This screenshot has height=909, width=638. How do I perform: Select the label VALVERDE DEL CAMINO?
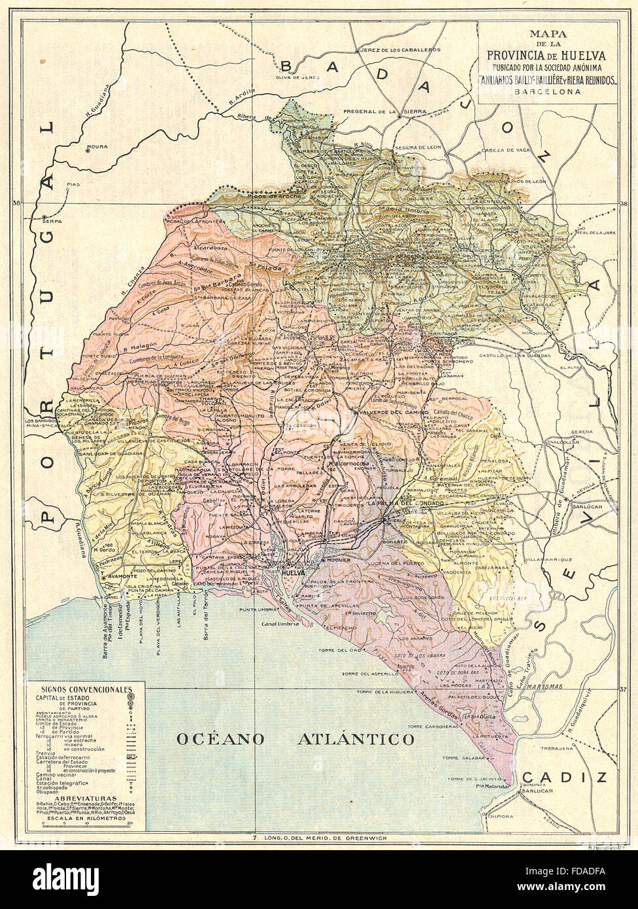[x=392, y=413]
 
